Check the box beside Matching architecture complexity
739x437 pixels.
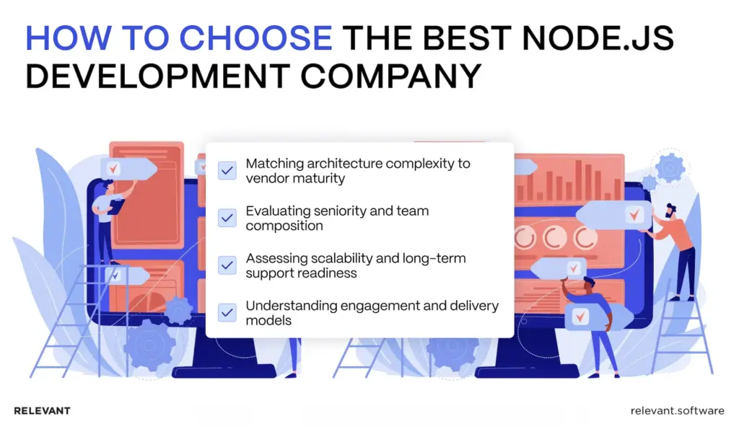227,171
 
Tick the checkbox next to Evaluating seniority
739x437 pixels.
227,218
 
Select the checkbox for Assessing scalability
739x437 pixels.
227,265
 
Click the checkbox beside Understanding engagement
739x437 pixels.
227,312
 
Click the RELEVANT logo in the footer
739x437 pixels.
42,411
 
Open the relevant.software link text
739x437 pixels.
676,411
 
